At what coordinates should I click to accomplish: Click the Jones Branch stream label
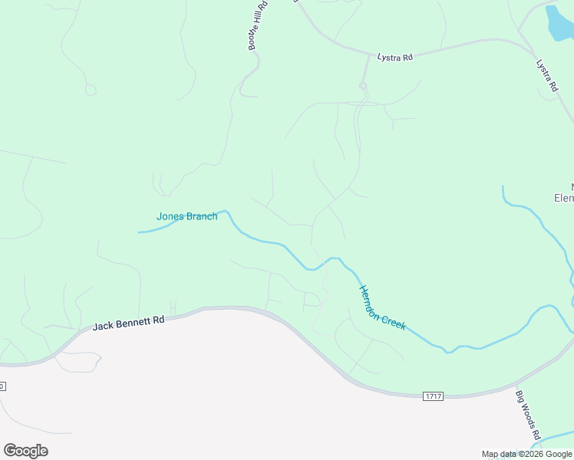186,216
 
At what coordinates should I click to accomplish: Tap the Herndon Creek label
382,307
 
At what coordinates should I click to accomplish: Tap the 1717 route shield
433,396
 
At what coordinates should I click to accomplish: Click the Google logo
25,451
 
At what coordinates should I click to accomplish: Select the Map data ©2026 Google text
527,454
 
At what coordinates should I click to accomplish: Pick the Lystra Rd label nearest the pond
546,76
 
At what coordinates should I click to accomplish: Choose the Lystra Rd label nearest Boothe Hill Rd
395,58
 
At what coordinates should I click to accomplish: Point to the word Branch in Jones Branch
201,216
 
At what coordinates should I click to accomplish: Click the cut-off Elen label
564,198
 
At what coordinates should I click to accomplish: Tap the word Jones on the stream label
170,216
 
